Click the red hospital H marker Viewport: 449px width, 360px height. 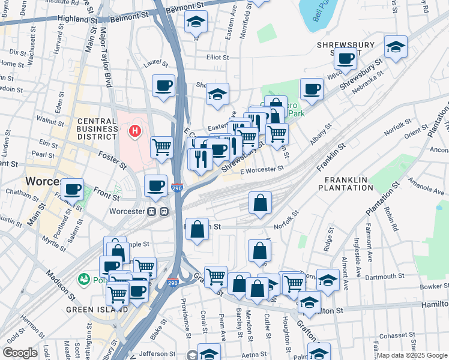(x=136, y=130)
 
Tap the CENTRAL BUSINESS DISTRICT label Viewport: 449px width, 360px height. (x=97, y=128)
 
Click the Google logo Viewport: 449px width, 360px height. (x=20, y=353)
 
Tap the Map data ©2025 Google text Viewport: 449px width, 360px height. (x=412, y=355)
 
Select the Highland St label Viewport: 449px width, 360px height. (x=77, y=19)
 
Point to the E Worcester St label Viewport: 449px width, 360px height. (x=262, y=170)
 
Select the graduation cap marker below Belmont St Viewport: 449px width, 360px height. (x=196, y=22)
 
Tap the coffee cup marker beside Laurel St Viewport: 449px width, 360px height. (x=163, y=86)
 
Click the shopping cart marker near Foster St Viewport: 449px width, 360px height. (x=161, y=146)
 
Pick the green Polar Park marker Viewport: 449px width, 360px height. (x=83, y=279)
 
